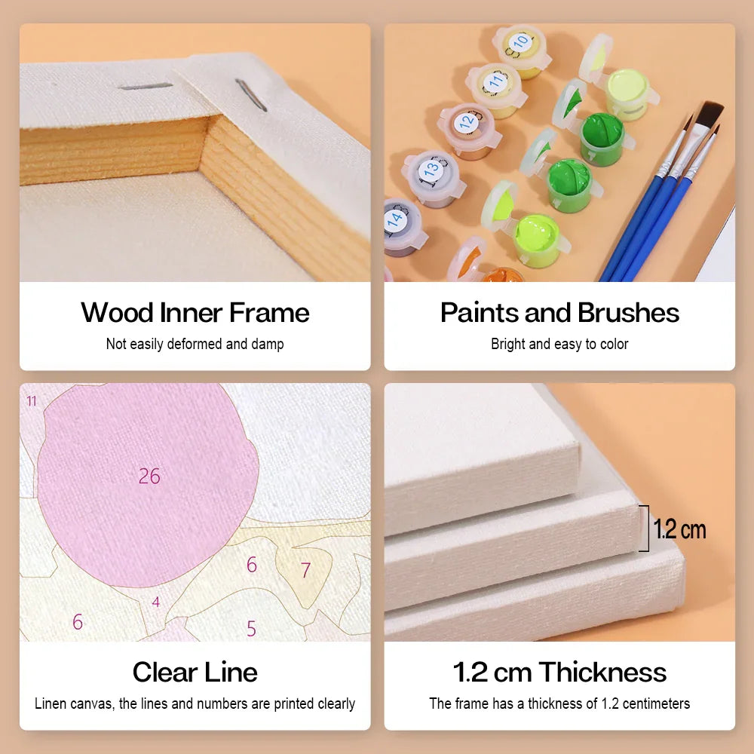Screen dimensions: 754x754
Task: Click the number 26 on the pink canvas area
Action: click(x=149, y=476)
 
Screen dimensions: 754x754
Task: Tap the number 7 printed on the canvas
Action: click(x=305, y=570)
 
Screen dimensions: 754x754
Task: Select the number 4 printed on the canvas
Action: click(x=156, y=602)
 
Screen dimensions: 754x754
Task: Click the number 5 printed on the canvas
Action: click(x=251, y=628)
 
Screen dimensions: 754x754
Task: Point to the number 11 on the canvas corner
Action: click(x=32, y=400)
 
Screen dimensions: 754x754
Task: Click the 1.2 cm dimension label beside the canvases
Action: click(x=679, y=529)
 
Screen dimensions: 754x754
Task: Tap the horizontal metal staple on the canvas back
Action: click(x=146, y=87)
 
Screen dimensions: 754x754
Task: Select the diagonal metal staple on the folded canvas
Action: click(x=251, y=95)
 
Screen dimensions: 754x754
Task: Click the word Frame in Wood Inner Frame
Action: click(x=269, y=313)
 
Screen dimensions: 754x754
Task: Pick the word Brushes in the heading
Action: click(x=629, y=313)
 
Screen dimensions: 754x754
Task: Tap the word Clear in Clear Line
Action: click(x=164, y=672)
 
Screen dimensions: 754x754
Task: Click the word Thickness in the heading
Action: click(x=602, y=672)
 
